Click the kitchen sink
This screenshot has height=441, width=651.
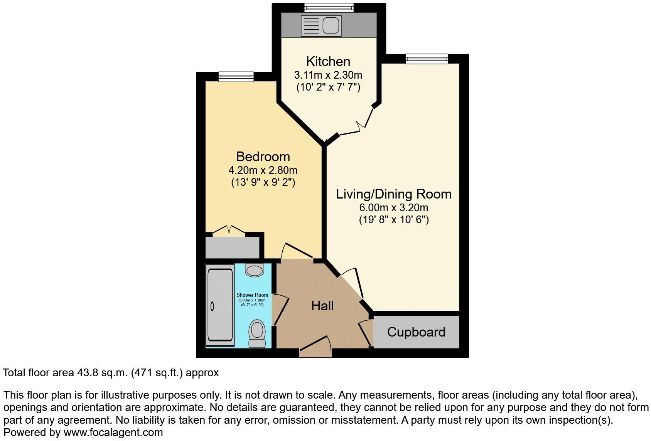coord(331,25)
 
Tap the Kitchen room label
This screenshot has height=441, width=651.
coord(328,61)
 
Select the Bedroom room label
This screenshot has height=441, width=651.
coord(263,157)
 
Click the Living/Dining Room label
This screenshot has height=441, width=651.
coord(394,194)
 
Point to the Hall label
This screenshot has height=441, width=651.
coord(322,306)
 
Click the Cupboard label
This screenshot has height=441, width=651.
coord(416,332)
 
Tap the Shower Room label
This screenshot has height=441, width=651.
coord(252,295)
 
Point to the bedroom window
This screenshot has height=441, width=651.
coord(236,77)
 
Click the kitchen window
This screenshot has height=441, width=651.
coord(329,7)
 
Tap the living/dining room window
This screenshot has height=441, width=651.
coord(427,59)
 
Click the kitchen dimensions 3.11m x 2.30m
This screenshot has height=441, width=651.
coord(328,75)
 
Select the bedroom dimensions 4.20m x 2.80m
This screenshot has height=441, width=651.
coord(263,170)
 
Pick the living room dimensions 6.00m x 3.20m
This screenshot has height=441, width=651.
coord(394,208)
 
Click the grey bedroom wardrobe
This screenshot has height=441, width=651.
coord(232,247)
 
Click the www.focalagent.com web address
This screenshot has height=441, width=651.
coord(113,433)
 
